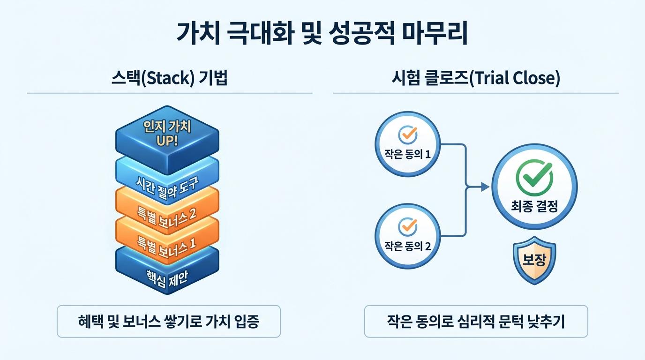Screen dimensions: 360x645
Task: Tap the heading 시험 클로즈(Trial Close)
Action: coord(476,78)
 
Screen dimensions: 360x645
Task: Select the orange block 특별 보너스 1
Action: coord(167,242)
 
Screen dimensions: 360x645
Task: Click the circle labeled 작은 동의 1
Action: coord(408,144)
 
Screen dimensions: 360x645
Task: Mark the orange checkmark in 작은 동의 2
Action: coord(408,225)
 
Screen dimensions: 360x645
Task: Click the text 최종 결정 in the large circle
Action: coord(534,207)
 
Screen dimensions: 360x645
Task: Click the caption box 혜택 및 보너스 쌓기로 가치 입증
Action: coord(169,322)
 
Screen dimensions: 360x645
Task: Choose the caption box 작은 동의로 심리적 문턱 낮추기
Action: coord(476,322)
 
